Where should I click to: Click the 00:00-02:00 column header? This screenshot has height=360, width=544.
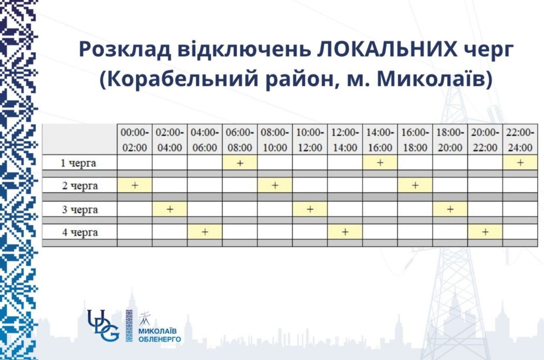point(135,140)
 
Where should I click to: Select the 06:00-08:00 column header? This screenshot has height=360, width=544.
point(240,140)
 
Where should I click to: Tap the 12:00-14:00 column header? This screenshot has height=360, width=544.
point(345,140)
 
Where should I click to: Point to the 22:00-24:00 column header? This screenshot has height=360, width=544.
point(520,140)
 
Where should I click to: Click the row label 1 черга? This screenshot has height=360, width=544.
point(79,163)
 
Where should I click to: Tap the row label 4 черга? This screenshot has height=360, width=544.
point(79,232)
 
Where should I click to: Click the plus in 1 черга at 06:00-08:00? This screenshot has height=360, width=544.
point(240,163)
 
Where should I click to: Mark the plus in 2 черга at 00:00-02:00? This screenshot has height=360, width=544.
point(135,185)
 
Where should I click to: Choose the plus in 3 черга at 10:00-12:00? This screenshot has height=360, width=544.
point(310,209)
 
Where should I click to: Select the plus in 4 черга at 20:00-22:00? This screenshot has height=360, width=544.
point(485,232)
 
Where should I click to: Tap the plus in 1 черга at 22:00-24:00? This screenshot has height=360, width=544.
point(520,163)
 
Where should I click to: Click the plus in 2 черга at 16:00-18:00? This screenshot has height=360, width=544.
point(415,185)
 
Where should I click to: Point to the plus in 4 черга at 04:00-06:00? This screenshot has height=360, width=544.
point(205,232)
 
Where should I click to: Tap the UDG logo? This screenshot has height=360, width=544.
point(103,325)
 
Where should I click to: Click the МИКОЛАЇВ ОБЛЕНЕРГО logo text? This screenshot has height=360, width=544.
point(159,335)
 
